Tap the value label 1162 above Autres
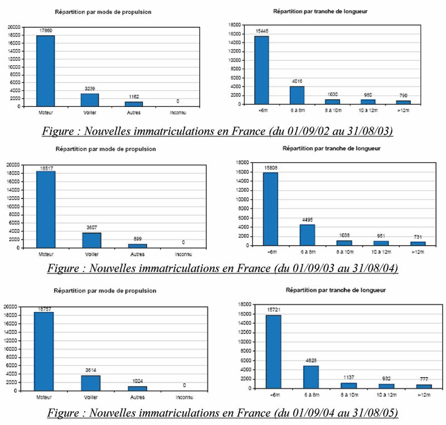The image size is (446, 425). click(134, 97)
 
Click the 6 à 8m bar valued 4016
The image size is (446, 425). click(297, 95)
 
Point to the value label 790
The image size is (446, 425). click(403, 96)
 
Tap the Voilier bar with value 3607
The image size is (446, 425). click(91, 240)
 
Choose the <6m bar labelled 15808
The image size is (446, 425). click(270, 209)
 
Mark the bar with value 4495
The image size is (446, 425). click(307, 235)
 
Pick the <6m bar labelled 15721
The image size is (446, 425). click(274, 351)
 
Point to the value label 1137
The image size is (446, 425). click(347, 377)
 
